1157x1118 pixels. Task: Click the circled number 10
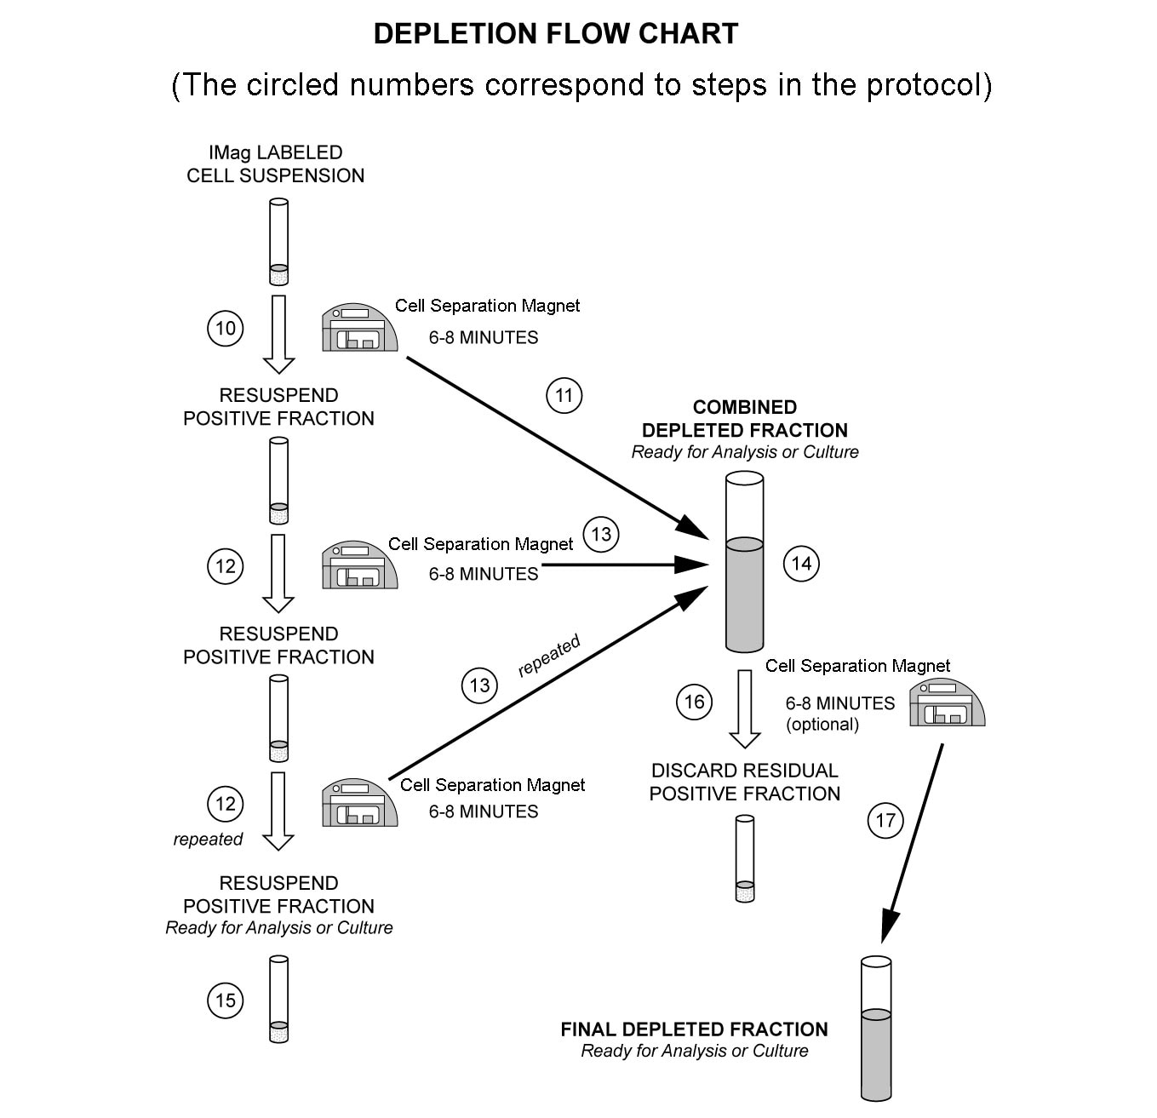tap(226, 329)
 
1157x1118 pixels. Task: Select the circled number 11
tap(564, 396)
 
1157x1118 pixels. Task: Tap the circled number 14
tap(801, 564)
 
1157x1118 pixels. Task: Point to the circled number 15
tap(226, 1000)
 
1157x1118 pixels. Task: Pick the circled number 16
tap(694, 702)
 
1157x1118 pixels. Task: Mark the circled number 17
tap(885, 821)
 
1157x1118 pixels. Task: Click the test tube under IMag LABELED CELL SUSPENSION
tap(278, 242)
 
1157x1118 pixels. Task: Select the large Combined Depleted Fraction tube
tap(745, 563)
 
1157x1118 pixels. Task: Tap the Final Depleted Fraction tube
tap(876, 1029)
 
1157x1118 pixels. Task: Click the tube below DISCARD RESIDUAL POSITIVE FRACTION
tap(745, 858)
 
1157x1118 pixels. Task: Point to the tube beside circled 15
tap(278, 1000)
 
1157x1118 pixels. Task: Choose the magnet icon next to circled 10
tap(359, 328)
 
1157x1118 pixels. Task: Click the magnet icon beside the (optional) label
tap(947, 702)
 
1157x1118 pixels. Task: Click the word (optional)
tap(822, 725)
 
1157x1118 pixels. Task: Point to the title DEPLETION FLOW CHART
tap(555, 34)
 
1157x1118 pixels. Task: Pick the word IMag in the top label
tap(231, 153)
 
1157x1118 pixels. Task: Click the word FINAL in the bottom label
tap(587, 1029)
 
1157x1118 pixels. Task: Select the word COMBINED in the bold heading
tap(745, 407)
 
